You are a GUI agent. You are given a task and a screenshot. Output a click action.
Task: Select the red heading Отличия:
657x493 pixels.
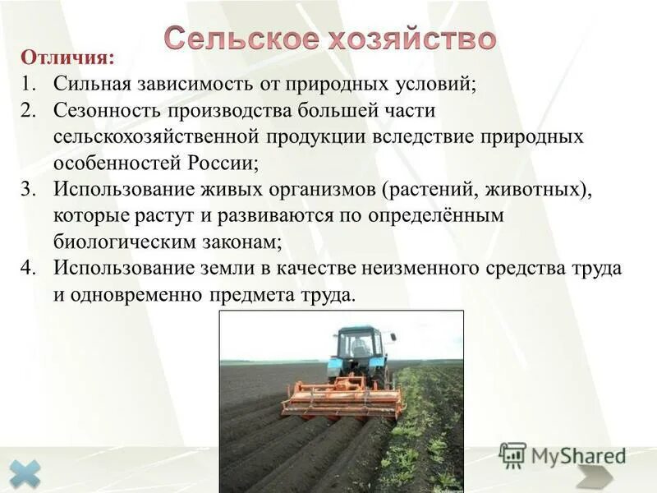coord(68,58)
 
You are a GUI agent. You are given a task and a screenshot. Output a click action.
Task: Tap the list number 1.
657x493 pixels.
coord(29,84)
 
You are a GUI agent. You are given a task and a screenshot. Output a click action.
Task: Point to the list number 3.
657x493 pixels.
coord(29,189)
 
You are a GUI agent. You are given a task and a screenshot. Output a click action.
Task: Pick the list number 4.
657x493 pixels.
coord(29,268)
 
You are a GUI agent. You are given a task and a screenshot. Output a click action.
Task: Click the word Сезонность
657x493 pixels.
coord(105,110)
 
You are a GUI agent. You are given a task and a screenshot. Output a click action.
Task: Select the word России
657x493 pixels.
coord(224,163)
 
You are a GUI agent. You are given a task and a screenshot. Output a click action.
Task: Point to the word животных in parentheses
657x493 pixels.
coord(535,189)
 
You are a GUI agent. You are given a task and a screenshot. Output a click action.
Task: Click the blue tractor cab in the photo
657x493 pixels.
coord(362,349)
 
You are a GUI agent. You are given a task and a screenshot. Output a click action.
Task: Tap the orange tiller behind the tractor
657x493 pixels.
coord(340,397)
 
